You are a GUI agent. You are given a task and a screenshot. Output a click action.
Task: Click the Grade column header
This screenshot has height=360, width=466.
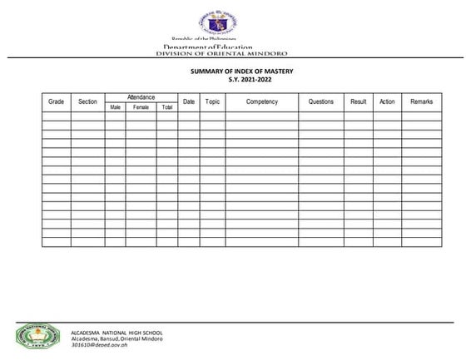57,101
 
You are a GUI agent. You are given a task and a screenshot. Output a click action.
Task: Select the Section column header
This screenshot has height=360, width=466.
87,101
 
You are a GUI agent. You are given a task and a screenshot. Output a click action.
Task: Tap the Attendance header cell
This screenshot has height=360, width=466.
141,97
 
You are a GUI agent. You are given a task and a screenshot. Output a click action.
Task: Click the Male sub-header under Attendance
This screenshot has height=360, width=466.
116,107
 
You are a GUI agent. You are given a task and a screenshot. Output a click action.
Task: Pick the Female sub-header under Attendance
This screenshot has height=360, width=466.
141,107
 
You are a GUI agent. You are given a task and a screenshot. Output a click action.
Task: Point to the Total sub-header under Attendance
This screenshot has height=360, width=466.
167,107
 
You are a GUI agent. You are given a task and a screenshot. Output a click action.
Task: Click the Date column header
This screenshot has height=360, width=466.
189,101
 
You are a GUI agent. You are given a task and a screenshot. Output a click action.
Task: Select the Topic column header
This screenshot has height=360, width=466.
212,101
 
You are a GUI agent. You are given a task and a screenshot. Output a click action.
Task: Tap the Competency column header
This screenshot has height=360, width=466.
262,101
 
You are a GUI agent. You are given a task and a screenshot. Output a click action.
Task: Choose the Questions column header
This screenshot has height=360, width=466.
321,101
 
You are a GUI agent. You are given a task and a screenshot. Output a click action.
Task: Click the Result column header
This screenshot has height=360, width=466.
359,101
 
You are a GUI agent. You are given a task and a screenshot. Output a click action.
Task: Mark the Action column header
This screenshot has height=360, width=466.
387,101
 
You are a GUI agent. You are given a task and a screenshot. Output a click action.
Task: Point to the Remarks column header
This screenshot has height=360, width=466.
422,101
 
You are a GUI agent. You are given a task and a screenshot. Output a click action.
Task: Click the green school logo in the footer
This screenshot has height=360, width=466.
37,335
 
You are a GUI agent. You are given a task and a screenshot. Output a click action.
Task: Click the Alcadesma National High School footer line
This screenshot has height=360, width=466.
116,332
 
